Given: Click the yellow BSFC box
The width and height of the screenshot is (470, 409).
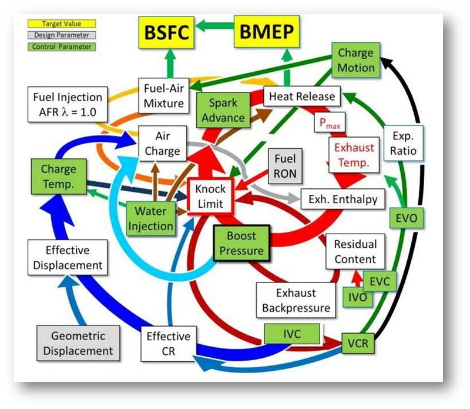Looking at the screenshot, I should pos(166,32).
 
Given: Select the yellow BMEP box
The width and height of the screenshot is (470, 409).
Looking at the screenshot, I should pos(264,32).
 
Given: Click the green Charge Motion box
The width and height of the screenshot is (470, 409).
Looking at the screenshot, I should pos(355,60).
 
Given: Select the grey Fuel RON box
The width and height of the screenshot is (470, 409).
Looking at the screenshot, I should pos(286,166).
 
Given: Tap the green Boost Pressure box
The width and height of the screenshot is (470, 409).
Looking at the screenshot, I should pos(241,243).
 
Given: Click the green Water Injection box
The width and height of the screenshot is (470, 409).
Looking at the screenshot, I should pos(155,218).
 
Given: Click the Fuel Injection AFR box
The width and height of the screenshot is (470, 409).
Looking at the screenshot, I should pos(68,104).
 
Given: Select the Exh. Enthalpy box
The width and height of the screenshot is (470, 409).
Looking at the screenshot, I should pos(343,199).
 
